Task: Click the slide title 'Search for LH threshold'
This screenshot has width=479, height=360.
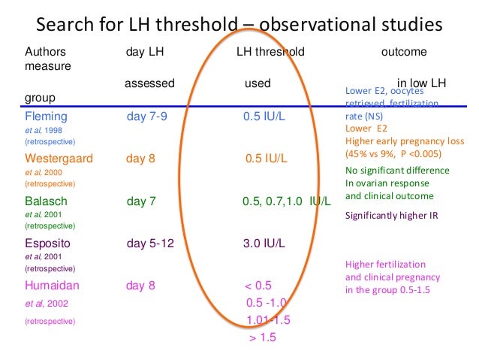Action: [239, 24]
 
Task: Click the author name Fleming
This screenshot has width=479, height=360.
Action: [47, 116]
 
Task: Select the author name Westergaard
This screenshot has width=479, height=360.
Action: [60, 159]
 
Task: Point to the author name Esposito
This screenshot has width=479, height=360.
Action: [50, 244]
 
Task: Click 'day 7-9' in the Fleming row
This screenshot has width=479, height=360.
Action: [146, 116]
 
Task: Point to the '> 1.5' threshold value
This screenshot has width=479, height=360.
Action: [263, 337]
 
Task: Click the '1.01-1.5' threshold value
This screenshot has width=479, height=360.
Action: [268, 320]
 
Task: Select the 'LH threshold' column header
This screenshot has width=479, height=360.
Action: [270, 53]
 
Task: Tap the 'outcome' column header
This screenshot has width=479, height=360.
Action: [404, 53]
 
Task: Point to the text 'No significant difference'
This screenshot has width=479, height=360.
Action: [397, 170]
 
